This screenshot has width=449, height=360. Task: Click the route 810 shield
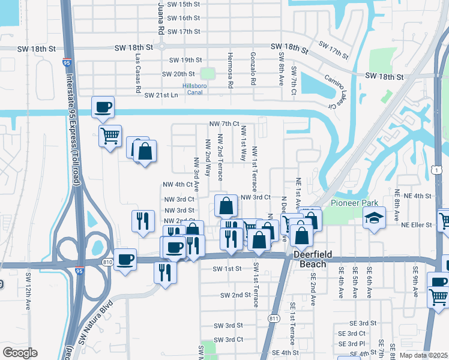click(x=108, y=262)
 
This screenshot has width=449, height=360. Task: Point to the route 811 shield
click(x=274, y=317)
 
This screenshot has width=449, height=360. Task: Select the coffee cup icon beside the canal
click(x=103, y=107)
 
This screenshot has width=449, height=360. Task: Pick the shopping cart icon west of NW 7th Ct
click(x=110, y=136)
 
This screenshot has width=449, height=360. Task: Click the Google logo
click(x=20, y=353)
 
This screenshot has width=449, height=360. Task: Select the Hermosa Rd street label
click(x=230, y=70)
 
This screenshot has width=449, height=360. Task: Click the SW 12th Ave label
click(x=28, y=292)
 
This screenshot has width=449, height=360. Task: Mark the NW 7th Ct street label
click(x=224, y=124)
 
